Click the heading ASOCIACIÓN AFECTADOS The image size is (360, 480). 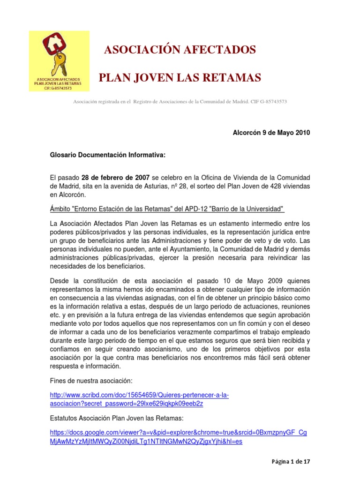(x=180, y=50)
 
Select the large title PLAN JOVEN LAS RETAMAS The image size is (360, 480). (x=180, y=77)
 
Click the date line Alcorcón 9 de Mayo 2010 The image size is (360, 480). (x=271, y=133)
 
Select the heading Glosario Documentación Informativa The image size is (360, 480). (x=108, y=155)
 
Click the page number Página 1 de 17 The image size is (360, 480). (x=291, y=462)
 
